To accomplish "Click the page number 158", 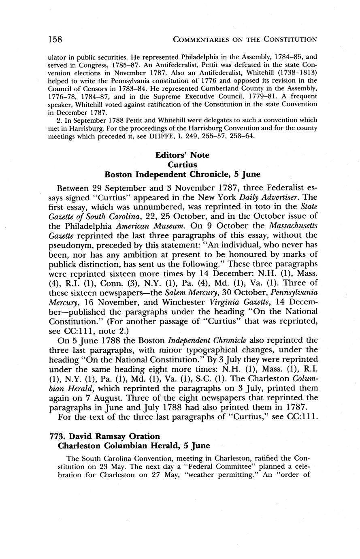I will pyautogui.click(x=55, y=39).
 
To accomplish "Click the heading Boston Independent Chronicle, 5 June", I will pyautogui.click(x=182, y=175).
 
